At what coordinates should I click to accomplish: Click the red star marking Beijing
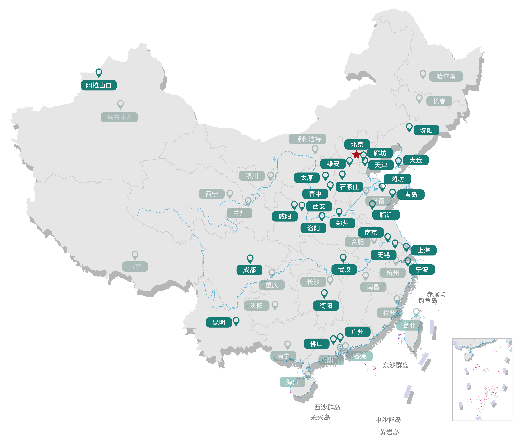click(356, 154)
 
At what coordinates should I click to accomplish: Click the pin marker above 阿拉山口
click(99, 72)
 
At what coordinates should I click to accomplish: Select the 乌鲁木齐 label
click(119, 117)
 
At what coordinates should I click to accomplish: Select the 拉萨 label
click(135, 266)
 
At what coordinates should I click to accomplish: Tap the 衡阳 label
click(326, 305)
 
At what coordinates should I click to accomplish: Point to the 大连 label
click(416, 160)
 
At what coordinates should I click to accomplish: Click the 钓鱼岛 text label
click(427, 301)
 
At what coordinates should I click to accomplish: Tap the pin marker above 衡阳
click(324, 293)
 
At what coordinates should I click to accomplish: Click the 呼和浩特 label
click(308, 139)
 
